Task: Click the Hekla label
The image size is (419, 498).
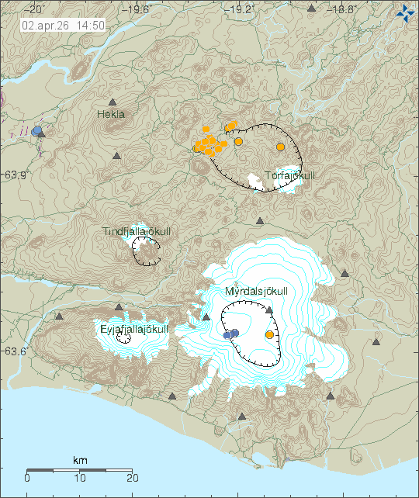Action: [x=111, y=114]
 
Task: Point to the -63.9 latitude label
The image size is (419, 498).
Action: [x=14, y=175]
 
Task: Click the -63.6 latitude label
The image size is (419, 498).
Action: [x=14, y=351]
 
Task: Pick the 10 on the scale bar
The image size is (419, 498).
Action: [x=80, y=477]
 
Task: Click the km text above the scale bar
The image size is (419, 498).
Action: [x=80, y=461]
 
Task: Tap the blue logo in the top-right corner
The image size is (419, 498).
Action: [x=404, y=12]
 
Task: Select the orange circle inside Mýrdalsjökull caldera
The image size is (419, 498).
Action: [x=269, y=334]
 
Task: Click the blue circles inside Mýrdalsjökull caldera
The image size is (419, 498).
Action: [x=230, y=334]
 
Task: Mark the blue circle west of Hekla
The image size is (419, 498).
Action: [x=36, y=130]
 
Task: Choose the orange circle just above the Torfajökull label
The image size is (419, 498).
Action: [x=281, y=147]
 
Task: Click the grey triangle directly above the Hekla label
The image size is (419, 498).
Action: [x=113, y=102]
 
